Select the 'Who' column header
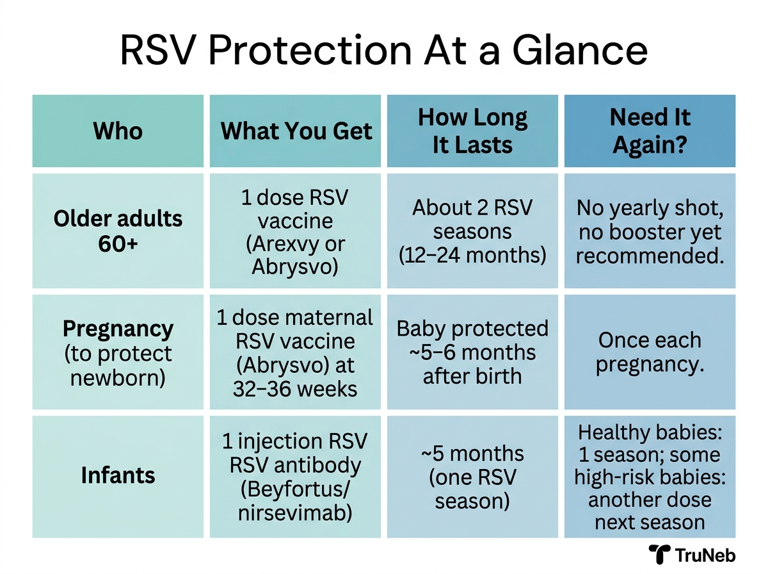[x=118, y=131]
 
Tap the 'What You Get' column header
[x=296, y=131]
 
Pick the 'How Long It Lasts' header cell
[x=472, y=131]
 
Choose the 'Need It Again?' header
[x=650, y=131]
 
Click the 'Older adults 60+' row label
[x=118, y=231]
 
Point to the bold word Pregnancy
[x=118, y=329]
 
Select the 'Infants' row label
[x=118, y=475]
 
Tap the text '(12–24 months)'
[x=472, y=255]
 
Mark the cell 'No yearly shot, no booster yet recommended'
[x=650, y=231]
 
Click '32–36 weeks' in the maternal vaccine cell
[x=296, y=388]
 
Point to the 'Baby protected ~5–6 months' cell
[x=472, y=352]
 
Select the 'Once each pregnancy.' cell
[x=650, y=352]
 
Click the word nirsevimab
[x=296, y=512]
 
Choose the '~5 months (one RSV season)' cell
[x=472, y=477]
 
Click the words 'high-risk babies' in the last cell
[x=650, y=477]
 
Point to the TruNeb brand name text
[x=710, y=555]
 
